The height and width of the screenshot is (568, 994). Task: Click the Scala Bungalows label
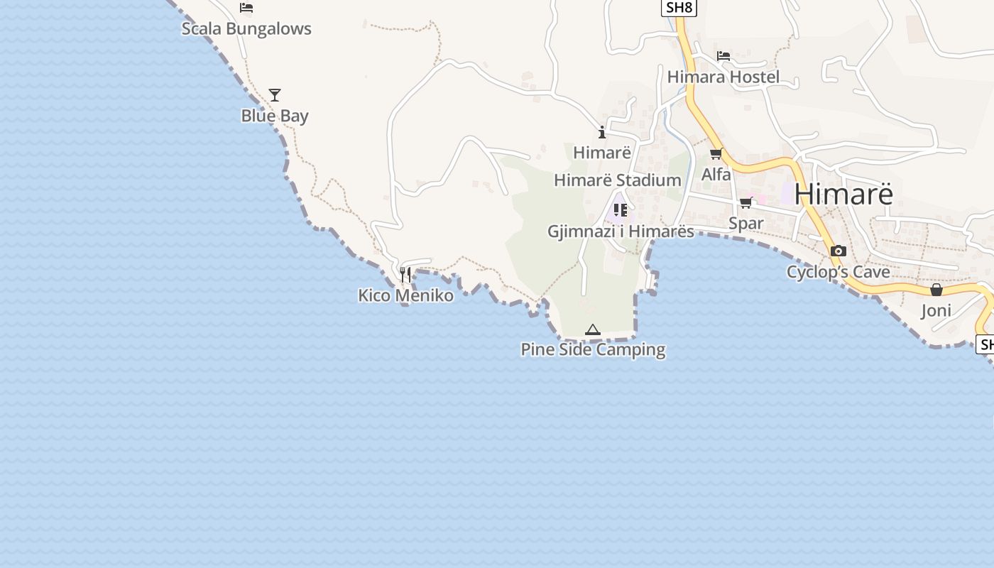point(246,29)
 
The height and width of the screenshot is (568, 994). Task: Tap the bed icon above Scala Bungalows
point(246,8)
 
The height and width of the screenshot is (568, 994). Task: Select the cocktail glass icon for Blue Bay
point(275,94)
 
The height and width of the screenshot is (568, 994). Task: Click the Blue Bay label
point(275,116)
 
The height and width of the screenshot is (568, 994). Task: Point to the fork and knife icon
point(405,274)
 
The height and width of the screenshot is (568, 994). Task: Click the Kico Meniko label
point(405,295)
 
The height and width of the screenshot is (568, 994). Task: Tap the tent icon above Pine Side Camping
point(593,329)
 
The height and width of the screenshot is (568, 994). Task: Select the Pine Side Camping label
point(593,349)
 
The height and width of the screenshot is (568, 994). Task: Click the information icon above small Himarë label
point(602,132)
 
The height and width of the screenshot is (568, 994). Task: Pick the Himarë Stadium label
point(617,180)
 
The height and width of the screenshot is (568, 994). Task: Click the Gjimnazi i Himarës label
point(621,231)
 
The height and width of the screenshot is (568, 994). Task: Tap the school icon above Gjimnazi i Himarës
point(621,210)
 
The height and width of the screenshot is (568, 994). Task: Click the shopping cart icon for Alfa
point(716,153)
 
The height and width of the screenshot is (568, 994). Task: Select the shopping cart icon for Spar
point(745,203)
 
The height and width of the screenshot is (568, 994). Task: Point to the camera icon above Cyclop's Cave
point(838,251)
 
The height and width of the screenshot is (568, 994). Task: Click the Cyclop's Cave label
point(838,272)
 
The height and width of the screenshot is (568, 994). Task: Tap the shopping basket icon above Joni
point(936,290)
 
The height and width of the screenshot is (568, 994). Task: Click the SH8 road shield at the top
point(678,8)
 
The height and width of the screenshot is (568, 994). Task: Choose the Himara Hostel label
point(723,77)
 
